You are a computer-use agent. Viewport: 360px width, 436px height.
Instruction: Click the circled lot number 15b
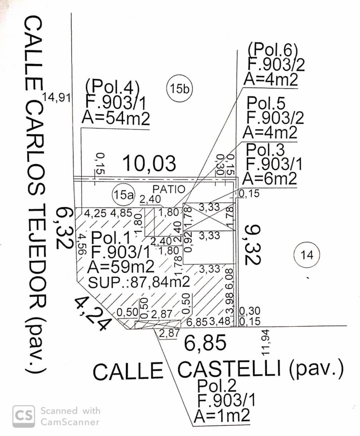point(179,89)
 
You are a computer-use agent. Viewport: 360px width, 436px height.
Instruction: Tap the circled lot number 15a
point(123,195)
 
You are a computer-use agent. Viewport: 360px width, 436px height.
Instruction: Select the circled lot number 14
point(307,255)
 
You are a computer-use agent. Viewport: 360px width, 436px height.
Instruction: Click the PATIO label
point(169,189)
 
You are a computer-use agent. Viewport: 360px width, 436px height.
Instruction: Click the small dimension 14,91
point(57,97)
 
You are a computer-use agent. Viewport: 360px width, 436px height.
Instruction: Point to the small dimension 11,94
point(265,343)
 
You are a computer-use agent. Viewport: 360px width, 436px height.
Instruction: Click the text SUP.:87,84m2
point(139,282)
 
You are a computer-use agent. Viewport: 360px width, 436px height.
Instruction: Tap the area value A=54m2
point(116,118)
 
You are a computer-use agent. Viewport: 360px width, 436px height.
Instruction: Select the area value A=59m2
point(121,267)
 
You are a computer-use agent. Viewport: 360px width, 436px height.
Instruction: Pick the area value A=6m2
point(270,178)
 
